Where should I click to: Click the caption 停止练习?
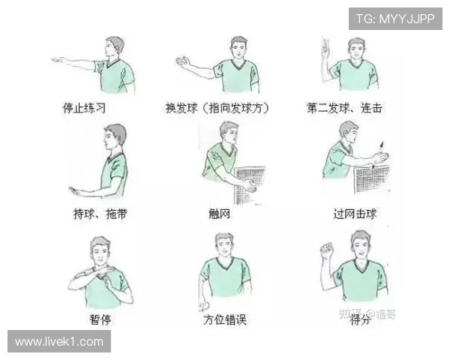tap(84, 107)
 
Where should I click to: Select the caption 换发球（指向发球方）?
tap(217, 107)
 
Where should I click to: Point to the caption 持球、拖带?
tap(100, 214)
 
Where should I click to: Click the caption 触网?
tap(219, 214)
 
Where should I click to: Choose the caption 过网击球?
tap(355, 214)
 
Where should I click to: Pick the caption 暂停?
tap(101, 319)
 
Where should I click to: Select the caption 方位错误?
tap(224, 319)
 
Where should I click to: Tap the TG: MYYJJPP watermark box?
tap(395, 18)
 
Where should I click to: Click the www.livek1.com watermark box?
tap(59, 341)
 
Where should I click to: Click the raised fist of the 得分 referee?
tap(326, 250)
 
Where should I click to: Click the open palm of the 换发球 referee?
tap(182, 61)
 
